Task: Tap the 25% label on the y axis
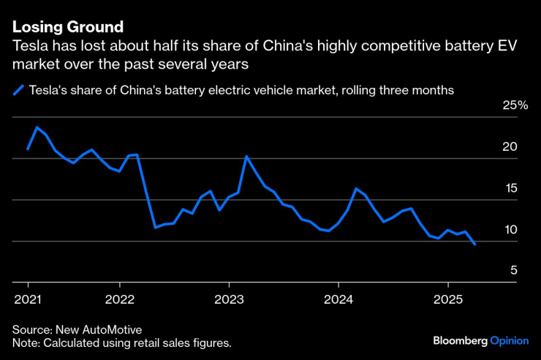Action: point(515,105)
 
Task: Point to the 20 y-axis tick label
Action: point(510,147)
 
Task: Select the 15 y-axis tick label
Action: point(510,188)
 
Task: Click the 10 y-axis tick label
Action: point(510,230)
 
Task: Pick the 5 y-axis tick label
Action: point(514,271)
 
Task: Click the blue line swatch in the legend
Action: point(18,91)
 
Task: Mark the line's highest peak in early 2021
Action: point(37,127)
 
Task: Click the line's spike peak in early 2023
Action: point(247,157)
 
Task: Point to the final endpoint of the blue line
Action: point(475,244)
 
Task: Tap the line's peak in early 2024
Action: point(356,189)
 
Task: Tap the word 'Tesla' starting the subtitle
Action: point(29,46)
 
